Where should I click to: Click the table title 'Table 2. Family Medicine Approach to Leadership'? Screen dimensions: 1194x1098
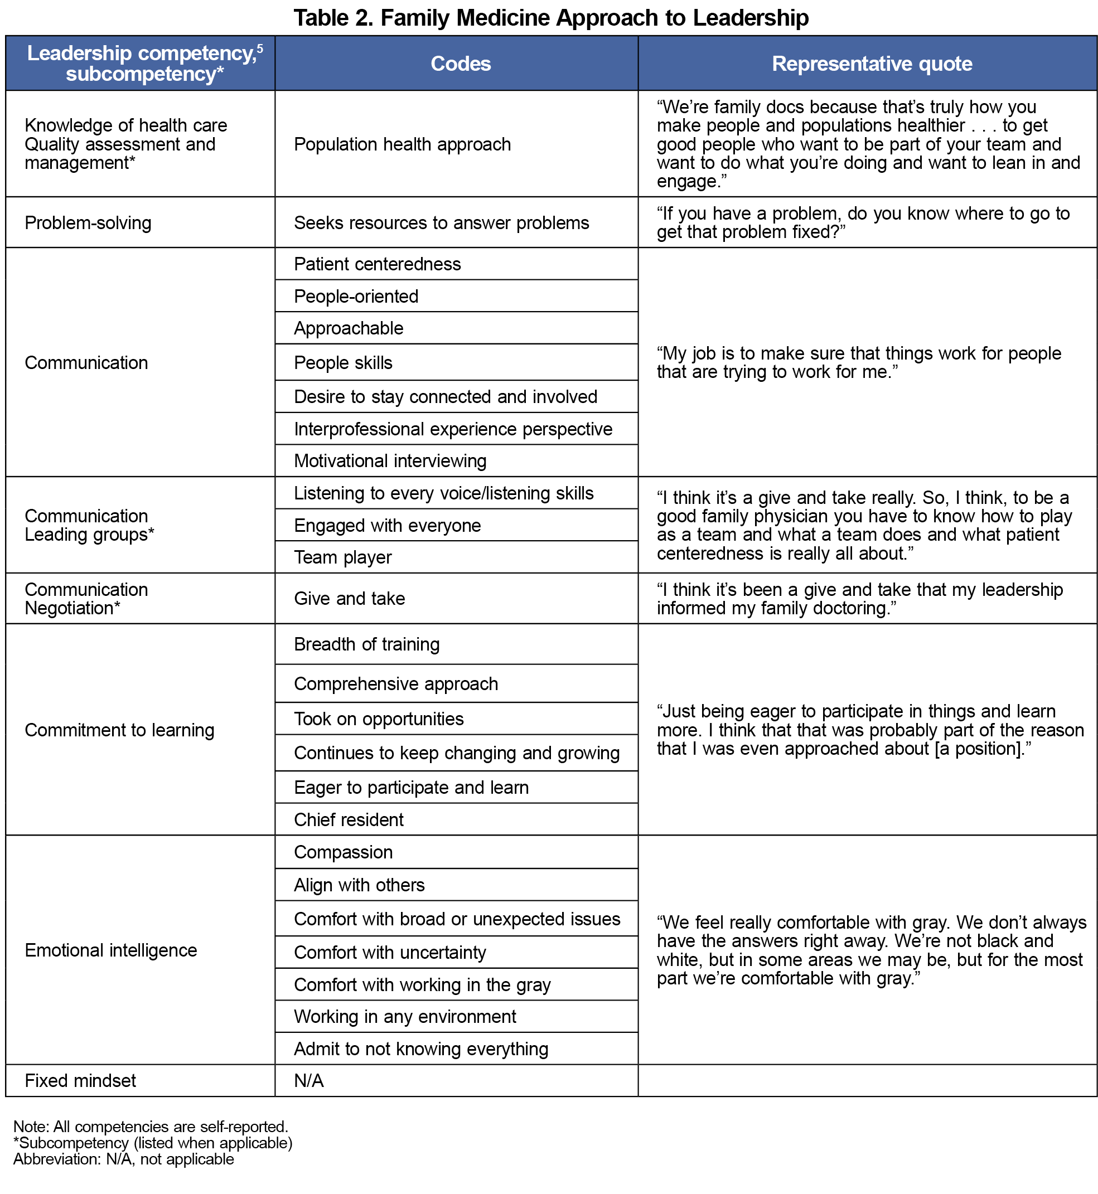click(x=551, y=18)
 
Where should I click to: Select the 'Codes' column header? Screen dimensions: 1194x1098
click(x=461, y=64)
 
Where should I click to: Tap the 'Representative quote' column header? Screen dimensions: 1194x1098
click(x=872, y=64)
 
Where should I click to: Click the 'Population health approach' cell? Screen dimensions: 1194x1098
click(x=402, y=144)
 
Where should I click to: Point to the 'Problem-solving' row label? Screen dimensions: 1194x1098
click(x=88, y=223)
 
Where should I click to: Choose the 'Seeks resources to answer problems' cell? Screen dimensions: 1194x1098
click(x=442, y=223)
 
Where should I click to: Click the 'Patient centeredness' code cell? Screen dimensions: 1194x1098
click(x=378, y=264)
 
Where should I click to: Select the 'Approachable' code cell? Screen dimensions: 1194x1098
click(x=349, y=328)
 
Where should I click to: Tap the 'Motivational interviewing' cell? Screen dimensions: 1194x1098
click(x=390, y=461)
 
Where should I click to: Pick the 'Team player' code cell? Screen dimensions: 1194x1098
click(x=343, y=557)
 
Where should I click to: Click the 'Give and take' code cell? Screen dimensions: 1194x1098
click(x=349, y=598)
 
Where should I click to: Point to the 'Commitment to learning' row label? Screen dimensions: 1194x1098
click(x=119, y=730)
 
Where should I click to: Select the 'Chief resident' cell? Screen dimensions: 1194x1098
click(x=349, y=820)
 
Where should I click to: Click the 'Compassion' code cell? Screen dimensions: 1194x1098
click(x=344, y=852)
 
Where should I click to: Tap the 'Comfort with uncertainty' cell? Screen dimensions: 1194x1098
click(x=390, y=953)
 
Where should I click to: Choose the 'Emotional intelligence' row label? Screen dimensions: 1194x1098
click(x=110, y=950)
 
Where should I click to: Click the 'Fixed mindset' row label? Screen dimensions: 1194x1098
click(x=80, y=1080)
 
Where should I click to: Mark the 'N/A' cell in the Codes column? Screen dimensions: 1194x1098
click(x=309, y=1080)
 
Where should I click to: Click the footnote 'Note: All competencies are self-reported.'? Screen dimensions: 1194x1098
click(x=151, y=1127)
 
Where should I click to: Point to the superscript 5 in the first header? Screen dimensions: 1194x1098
click(x=260, y=47)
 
